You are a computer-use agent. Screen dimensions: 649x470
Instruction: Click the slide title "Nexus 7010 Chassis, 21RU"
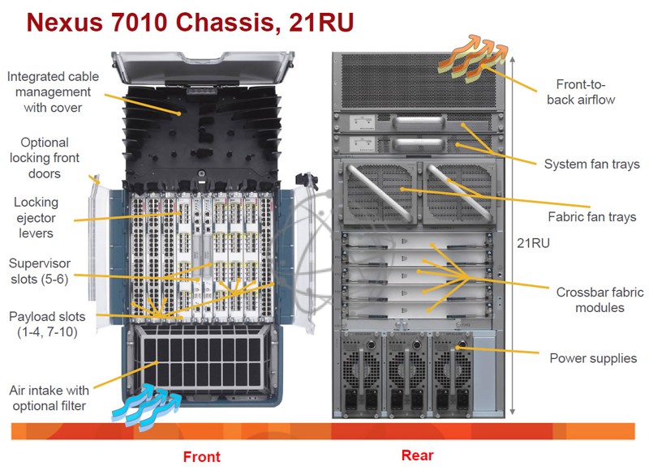190,23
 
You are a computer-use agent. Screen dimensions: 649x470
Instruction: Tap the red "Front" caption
201,457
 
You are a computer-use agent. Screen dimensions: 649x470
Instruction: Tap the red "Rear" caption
417,455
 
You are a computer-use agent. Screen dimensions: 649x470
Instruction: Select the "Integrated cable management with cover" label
53,92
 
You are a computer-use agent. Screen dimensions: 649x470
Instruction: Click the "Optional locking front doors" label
45,158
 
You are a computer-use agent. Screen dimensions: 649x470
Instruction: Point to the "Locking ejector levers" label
36,217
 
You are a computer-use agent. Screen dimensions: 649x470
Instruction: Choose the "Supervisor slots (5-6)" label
40,271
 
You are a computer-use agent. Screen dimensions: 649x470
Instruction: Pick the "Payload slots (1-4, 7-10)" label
47,324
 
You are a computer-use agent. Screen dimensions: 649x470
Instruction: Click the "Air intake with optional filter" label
49,398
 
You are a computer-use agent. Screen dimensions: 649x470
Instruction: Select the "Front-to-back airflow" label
581,92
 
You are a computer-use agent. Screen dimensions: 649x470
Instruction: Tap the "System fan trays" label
592,164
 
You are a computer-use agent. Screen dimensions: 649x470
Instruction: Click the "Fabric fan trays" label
592,216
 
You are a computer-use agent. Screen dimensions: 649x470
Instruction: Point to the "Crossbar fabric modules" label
600,300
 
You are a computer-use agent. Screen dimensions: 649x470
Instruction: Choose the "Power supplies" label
593,358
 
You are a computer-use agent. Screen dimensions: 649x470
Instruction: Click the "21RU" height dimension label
533,243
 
